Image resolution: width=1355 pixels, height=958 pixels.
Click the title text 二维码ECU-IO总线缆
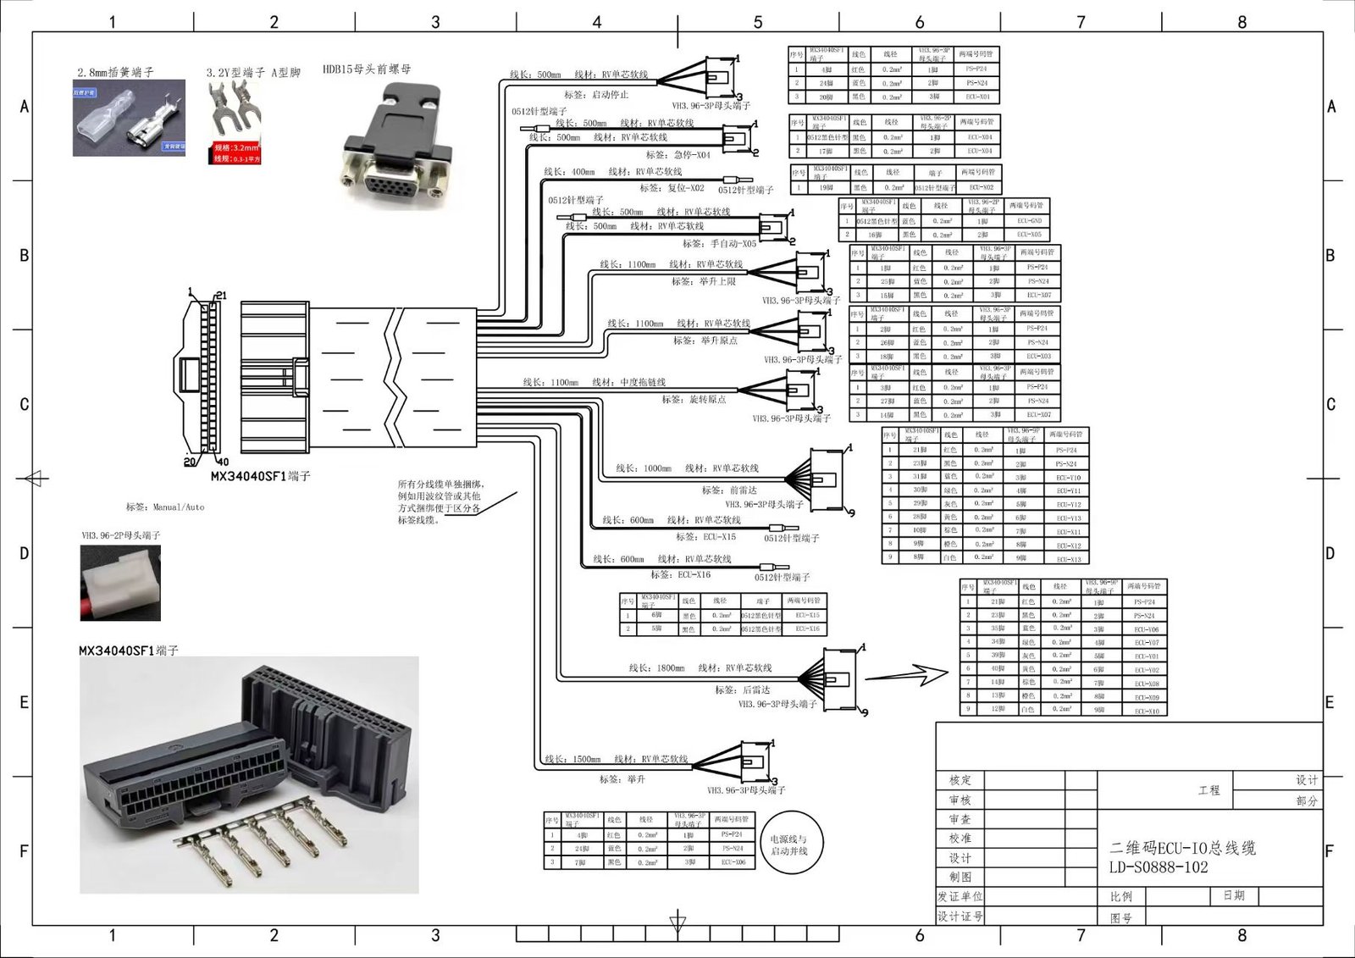click(1182, 848)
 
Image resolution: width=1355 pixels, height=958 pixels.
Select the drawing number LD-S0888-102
click(1159, 867)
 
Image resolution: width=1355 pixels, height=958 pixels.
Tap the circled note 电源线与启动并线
click(788, 844)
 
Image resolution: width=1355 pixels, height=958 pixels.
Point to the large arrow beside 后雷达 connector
click(906, 675)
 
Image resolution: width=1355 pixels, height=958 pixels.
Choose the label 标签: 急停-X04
click(677, 155)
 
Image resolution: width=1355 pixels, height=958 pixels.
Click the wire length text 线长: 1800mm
click(656, 668)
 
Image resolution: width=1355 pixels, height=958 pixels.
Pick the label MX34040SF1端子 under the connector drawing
click(260, 476)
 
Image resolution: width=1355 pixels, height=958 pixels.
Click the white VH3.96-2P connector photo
click(120, 583)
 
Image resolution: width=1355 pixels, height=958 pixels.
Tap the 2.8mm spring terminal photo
click(129, 118)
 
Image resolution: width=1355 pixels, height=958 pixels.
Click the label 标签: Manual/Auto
click(165, 507)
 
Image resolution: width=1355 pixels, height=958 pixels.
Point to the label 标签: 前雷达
click(729, 490)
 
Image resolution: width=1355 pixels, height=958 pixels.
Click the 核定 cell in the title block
click(960, 780)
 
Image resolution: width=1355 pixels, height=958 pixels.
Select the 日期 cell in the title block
click(1234, 895)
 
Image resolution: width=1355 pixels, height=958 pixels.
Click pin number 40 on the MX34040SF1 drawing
click(223, 462)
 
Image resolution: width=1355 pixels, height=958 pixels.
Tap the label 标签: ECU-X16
click(681, 574)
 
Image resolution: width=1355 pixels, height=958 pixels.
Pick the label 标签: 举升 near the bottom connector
click(622, 778)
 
